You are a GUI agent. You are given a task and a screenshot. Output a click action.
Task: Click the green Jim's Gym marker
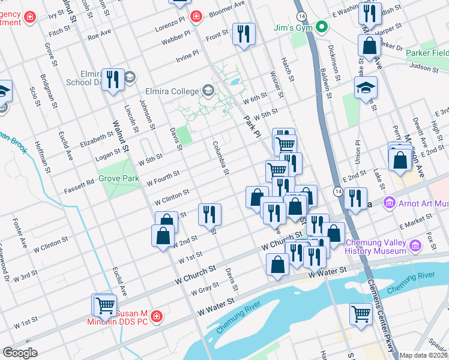(322, 26)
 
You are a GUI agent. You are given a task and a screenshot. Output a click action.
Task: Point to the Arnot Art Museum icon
(388, 204)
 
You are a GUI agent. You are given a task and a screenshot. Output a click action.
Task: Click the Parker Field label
(427, 53)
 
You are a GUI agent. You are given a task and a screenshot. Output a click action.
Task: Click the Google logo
(20, 352)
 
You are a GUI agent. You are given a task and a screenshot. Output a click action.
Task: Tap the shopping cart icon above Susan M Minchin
(104, 305)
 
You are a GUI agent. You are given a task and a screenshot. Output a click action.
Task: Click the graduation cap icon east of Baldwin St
(366, 88)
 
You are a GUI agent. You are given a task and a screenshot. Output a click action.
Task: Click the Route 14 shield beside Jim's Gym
(300, 15)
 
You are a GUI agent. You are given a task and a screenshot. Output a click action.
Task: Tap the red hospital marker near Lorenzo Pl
(195, 17)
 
